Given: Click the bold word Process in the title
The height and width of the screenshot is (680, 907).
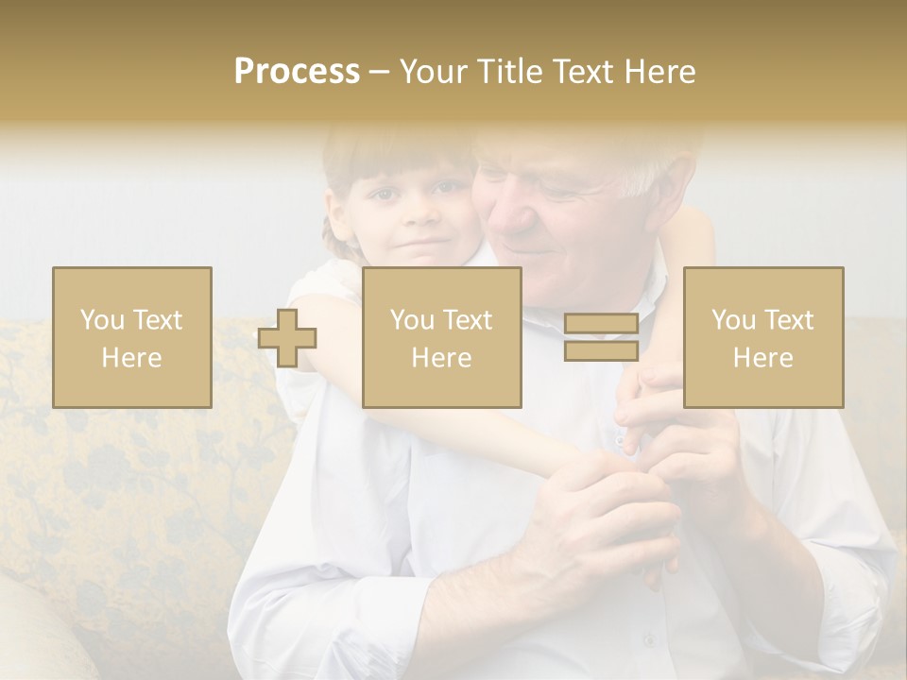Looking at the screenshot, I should point(297,72).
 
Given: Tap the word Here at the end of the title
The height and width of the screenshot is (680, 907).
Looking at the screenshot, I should point(658,72).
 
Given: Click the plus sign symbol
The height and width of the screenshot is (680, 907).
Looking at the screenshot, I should point(287,337).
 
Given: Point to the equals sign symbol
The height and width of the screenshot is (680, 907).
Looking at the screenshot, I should point(601,337).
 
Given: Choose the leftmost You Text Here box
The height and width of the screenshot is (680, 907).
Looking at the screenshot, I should point(131,337).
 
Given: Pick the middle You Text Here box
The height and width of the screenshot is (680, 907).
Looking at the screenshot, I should point(441,337).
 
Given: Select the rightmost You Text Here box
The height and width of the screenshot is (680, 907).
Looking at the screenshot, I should point(762,337).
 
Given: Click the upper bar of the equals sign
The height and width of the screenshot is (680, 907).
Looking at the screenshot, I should point(601,324).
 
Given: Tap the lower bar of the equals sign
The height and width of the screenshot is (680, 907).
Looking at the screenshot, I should point(601,350).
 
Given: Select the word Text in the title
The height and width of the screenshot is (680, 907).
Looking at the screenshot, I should point(582,72).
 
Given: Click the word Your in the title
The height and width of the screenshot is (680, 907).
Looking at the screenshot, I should point(433,72).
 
